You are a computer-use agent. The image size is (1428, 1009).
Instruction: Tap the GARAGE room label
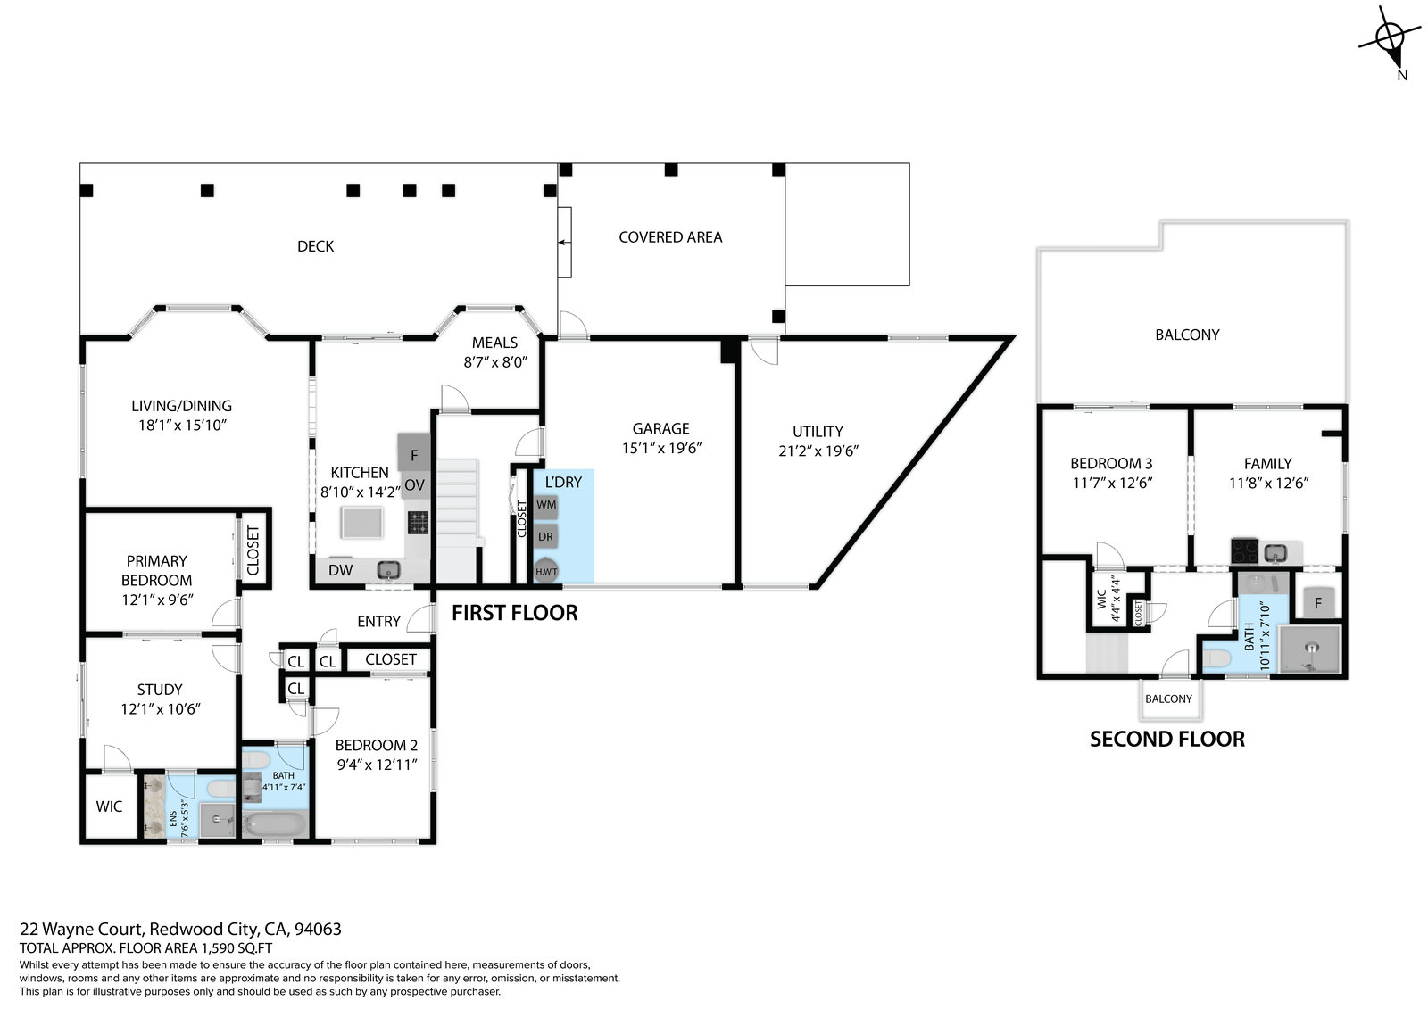click(x=660, y=428)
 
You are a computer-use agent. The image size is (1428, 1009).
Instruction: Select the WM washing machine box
click(x=545, y=506)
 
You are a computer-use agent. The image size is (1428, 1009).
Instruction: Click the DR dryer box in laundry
click(x=545, y=537)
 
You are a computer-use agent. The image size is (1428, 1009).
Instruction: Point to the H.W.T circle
click(x=546, y=571)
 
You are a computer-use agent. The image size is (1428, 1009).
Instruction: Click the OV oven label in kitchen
click(x=414, y=485)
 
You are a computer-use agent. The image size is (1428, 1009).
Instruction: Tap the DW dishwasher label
click(x=340, y=570)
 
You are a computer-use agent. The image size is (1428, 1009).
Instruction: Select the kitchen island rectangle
click(x=362, y=523)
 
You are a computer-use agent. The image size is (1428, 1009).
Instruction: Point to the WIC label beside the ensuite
click(x=109, y=806)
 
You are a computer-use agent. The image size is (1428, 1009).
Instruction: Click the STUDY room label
click(x=160, y=689)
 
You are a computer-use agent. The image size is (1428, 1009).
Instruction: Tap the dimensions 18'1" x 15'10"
click(x=183, y=426)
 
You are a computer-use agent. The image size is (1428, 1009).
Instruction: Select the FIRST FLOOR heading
click(x=515, y=613)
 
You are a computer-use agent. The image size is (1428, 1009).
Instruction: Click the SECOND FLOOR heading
click(x=1167, y=739)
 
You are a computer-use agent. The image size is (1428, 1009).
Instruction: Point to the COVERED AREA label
click(x=670, y=237)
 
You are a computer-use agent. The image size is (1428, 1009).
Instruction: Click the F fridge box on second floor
click(x=1317, y=602)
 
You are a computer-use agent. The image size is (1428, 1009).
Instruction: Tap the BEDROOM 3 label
click(x=1111, y=463)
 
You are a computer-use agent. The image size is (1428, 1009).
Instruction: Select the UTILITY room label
click(x=818, y=432)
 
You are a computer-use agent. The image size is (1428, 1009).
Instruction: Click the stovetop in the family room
click(x=1244, y=551)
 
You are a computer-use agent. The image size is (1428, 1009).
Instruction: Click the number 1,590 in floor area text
click(x=219, y=947)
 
